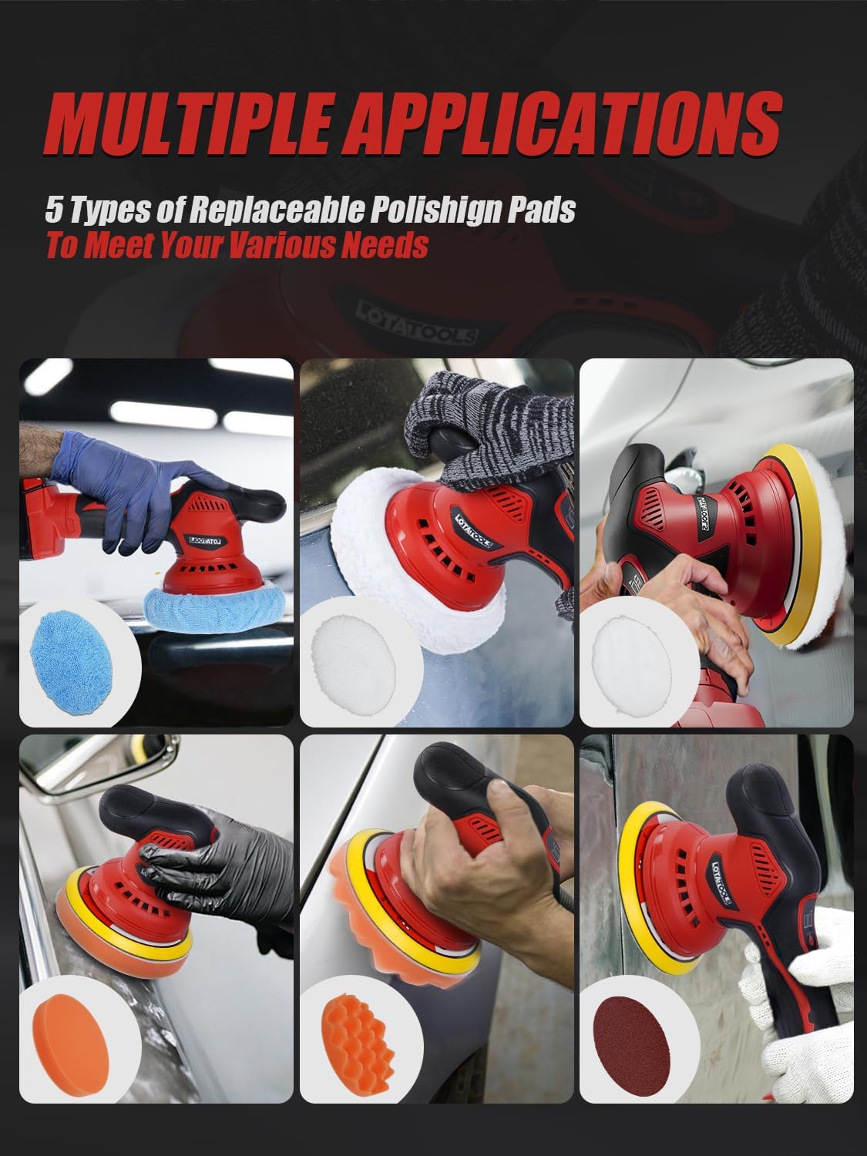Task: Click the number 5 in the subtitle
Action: coord(54,210)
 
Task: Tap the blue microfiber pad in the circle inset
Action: coord(73,660)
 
